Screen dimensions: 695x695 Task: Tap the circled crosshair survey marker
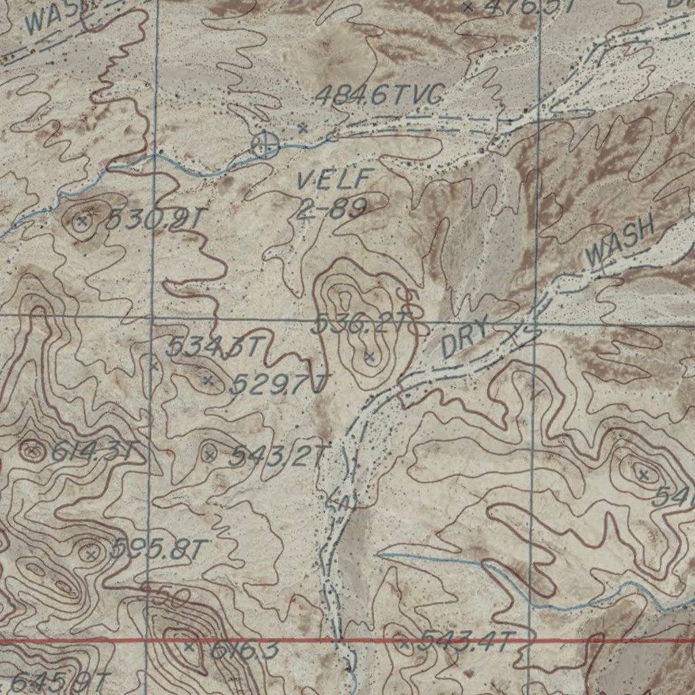[x=265, y=145]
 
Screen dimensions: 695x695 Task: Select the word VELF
[x=334, y=181]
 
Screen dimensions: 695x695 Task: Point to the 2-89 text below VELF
[x=332, y=208]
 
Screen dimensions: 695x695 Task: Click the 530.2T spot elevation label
[x=155, y=219]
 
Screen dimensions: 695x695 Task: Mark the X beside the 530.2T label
[x=82, y=221]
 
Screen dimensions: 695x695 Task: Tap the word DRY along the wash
[x=465, y=339]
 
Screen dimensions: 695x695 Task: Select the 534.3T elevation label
[x=212, y=347]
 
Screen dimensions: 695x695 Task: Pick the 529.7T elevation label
[x=278, y=385]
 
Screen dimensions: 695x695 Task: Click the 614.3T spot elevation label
[x=95, y=451]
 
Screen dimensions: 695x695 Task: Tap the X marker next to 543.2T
[x=210, y=455]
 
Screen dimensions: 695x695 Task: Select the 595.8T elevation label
[x=157, y=549]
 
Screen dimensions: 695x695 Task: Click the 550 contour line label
[x=164, y=596]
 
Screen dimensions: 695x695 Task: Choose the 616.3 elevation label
[x=244, y=651]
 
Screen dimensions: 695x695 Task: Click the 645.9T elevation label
[x=61, y=681]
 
